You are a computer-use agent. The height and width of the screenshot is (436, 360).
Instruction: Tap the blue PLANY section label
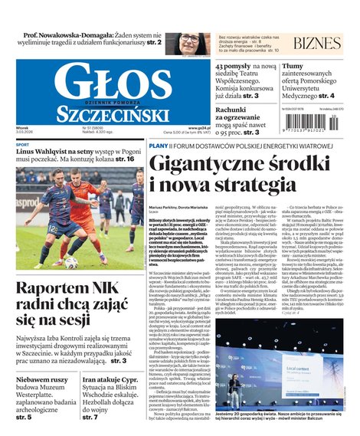[x=159, y=146]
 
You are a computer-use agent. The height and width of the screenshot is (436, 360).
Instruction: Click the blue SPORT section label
[x=23, y=145]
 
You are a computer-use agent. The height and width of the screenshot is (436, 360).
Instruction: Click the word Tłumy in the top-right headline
[x=296, y=67]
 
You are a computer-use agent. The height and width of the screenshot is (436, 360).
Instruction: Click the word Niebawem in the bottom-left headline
[x=39, y=379]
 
